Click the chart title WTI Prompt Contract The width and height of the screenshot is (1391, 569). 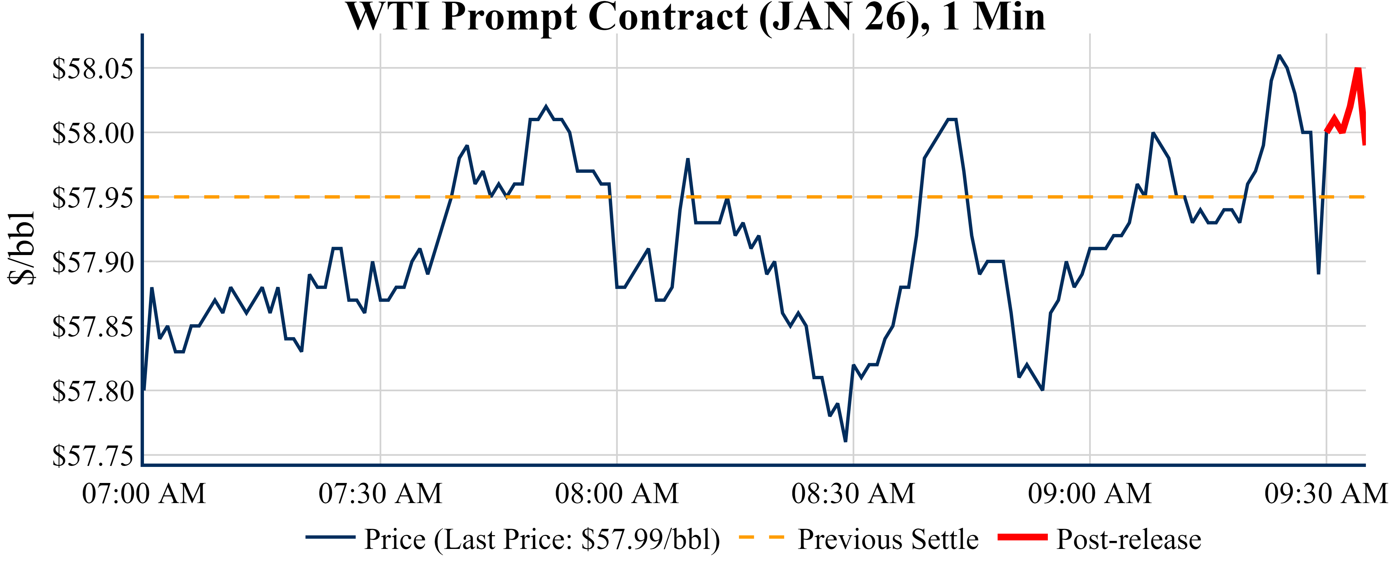[696, 17]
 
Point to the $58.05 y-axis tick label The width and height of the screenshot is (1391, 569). [92, 69]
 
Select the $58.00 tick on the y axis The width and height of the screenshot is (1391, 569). [92, 133]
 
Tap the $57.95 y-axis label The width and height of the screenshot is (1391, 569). [92, 197]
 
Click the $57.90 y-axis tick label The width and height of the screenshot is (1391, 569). [92, 262]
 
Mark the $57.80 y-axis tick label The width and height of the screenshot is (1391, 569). [92, 391]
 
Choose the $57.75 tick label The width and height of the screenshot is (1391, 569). [92, 456]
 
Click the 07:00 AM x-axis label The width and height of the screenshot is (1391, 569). [144, 493]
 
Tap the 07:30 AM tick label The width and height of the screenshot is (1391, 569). [380, 493]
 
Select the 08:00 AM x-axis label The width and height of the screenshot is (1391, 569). [617, 493]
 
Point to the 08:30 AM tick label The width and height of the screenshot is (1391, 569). [853, 493]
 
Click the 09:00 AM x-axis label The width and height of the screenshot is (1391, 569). [1090, 493]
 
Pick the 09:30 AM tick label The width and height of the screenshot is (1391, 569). [1326, 493]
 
